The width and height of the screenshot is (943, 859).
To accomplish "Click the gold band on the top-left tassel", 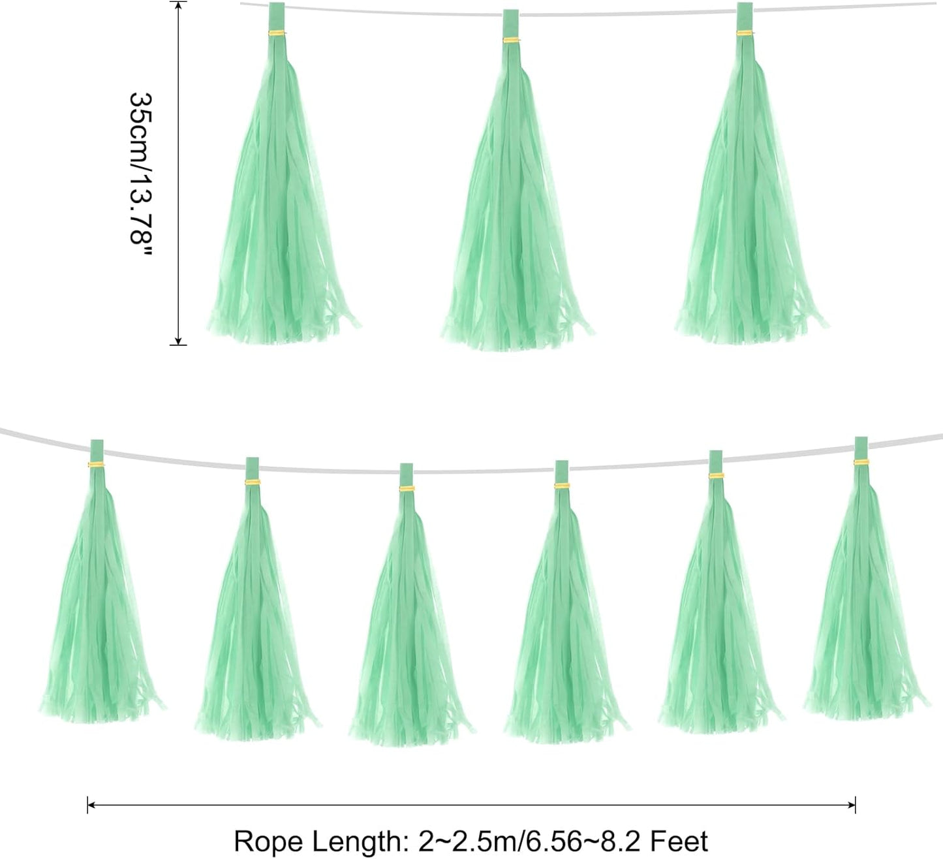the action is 277,33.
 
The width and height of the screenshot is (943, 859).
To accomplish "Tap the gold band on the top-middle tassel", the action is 511,40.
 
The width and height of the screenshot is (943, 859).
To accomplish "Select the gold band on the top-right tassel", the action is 745,33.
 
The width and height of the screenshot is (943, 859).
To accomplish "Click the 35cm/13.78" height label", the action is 140,175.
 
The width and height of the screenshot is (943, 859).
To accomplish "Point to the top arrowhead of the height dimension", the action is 178,6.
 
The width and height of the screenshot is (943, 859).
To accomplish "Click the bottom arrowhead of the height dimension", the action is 178,340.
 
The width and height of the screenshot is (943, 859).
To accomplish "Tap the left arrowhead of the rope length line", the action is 92,805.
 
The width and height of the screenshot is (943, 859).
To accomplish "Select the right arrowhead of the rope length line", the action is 850,805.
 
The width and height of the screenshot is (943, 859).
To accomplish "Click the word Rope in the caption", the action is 268,842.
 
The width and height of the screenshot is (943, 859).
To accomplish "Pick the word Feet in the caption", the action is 679,841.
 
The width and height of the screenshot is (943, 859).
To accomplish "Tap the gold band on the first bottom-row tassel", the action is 97,465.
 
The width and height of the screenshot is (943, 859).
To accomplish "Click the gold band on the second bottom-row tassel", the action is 253,482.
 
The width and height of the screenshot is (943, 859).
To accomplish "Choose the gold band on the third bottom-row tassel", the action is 407,488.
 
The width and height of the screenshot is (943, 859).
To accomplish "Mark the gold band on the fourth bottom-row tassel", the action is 562,486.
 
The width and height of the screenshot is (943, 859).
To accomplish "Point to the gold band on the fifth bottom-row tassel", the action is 716,476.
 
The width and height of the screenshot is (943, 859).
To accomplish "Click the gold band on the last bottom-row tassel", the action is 861,462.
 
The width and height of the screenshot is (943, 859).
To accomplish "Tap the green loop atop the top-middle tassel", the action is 511,23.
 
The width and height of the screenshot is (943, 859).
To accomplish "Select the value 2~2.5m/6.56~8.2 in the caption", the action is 531,841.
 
